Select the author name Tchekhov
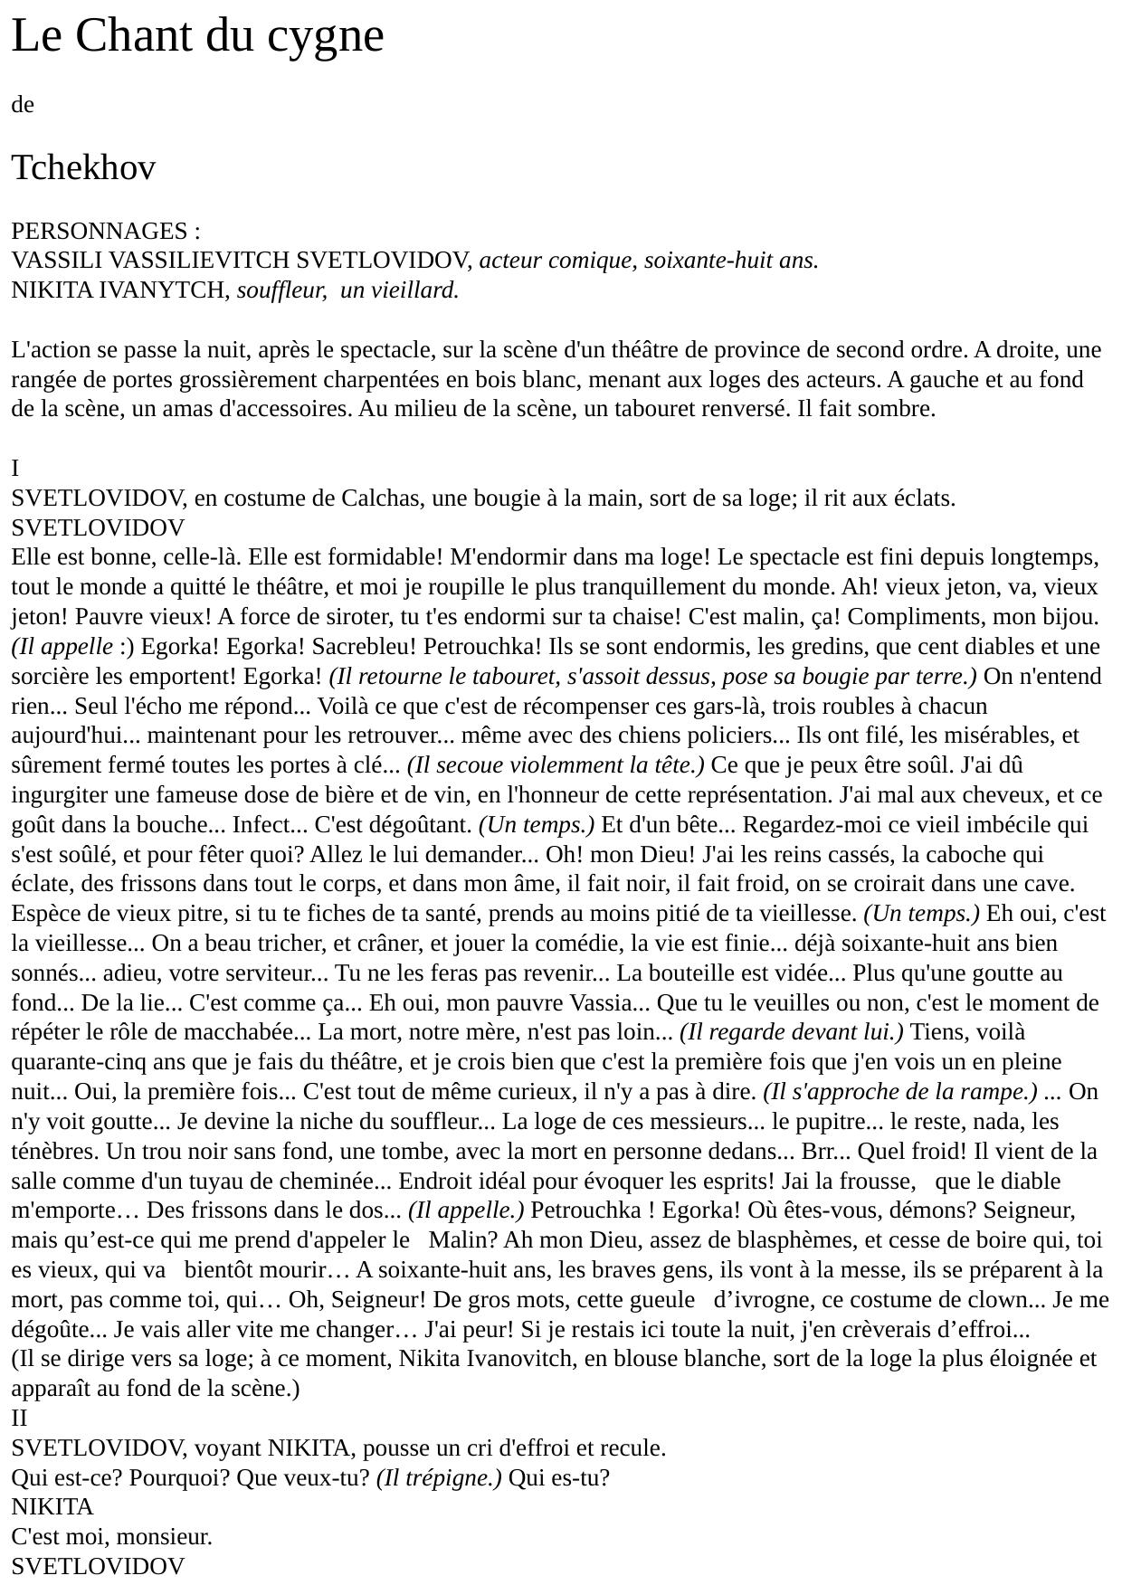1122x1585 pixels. point(83,167)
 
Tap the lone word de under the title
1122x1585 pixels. point(23,105)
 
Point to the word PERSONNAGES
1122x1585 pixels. point(99,231)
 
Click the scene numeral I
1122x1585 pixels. point(14,469)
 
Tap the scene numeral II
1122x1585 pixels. point(19,1419)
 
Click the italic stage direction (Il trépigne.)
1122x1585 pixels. point(439,1478)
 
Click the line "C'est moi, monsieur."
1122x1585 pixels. point(111,1537)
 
